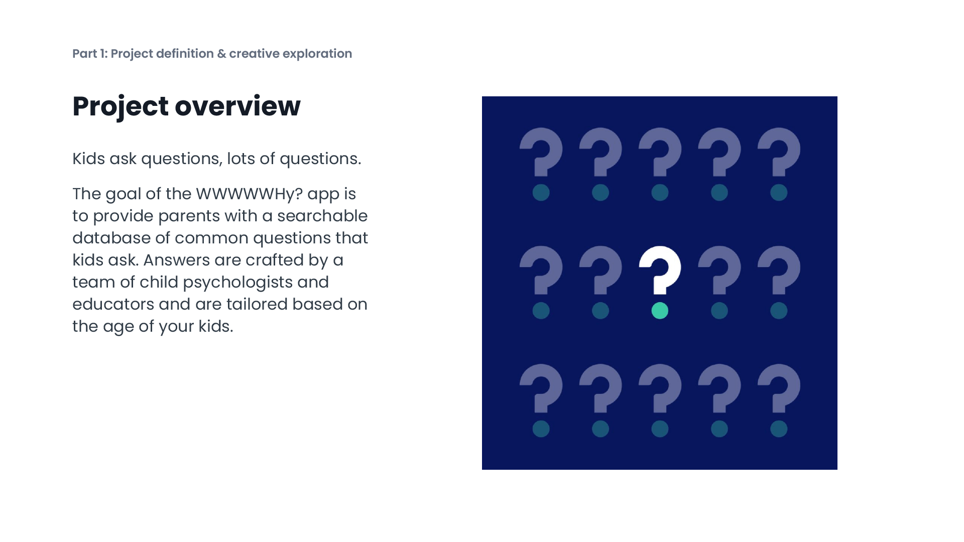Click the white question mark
(660, 268)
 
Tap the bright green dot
(660, 311)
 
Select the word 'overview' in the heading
(237, 106)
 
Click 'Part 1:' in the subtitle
(90, 54)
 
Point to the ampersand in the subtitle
(221, 54)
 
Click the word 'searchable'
(322, 216)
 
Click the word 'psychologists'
(237, 282)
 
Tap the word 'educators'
(113, 304)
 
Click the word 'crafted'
(275, 260)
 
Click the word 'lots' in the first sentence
(240, 159)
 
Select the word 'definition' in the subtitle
(185, 54)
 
